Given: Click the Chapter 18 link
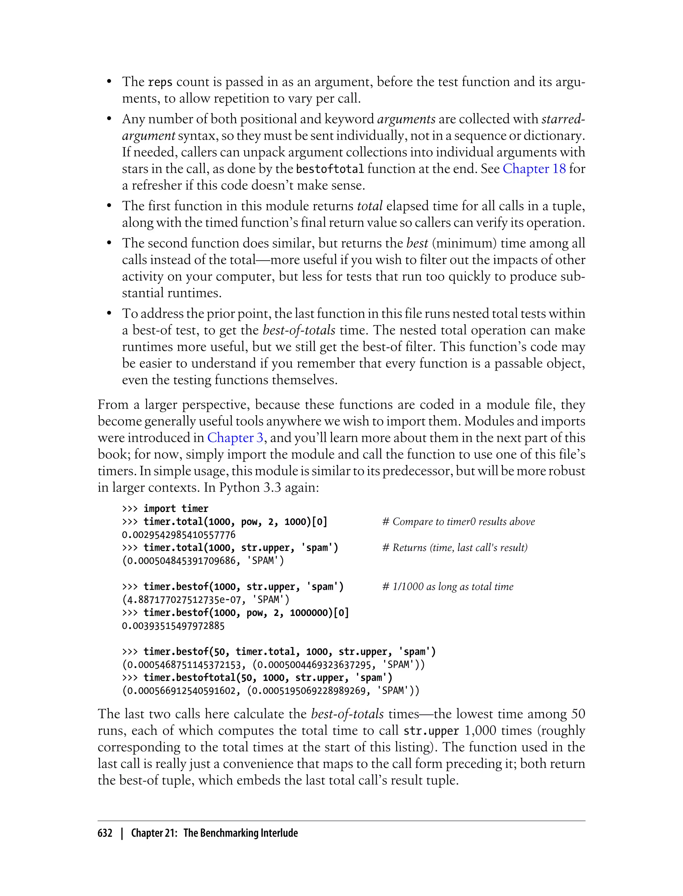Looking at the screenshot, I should coord(534,169).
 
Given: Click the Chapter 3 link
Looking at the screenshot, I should coord(235,438).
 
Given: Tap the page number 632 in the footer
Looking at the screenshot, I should coord(105,833).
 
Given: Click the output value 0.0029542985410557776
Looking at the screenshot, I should coord(178,534).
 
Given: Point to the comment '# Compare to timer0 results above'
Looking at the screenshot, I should coord(459,521).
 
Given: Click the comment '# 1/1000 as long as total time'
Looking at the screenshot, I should coord(448,586).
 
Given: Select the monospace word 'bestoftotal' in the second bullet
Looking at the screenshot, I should coord(330,169).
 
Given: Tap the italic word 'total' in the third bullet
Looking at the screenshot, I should coord(370,206).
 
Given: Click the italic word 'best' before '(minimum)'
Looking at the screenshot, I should coord(417,243).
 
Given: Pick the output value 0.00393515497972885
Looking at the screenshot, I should coord(173,625).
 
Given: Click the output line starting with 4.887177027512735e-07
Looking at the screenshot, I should coord(206,599).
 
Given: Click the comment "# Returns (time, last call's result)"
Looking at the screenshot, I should coord(455,547).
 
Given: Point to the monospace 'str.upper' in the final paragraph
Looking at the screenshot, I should coord(431,731).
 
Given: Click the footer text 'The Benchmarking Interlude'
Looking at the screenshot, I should coord(241,833).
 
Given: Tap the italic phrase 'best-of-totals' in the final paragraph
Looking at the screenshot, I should coord(347,714).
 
